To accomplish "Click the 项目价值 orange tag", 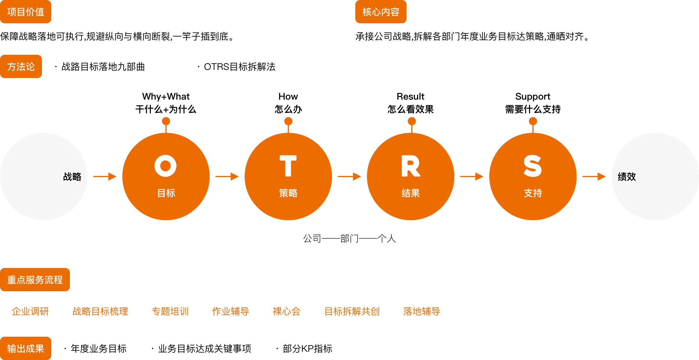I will click(26, 12).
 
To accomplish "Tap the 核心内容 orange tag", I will click(381, 12).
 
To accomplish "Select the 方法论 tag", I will click(21, 66).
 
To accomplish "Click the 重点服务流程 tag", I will click(35, 280).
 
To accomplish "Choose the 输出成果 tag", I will click(26, 348).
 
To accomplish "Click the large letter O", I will click(165, 166).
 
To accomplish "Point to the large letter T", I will click(288, 166).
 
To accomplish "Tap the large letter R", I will click(411, 166).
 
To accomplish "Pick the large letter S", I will click(533, 166).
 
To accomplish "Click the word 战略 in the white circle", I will click(72, 177).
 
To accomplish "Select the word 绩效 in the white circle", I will click(627, 177).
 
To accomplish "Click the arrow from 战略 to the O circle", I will click(105, 177).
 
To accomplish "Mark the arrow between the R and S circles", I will click(472, 177).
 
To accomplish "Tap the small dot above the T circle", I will click(288, 121).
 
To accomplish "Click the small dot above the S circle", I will click(533, 121).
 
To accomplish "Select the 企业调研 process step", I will click(30, 311).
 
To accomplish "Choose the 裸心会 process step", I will click(287, 311).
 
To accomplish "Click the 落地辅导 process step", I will click(422, 311).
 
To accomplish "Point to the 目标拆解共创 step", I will click(352, 311).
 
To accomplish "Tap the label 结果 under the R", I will click(411, 193).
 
